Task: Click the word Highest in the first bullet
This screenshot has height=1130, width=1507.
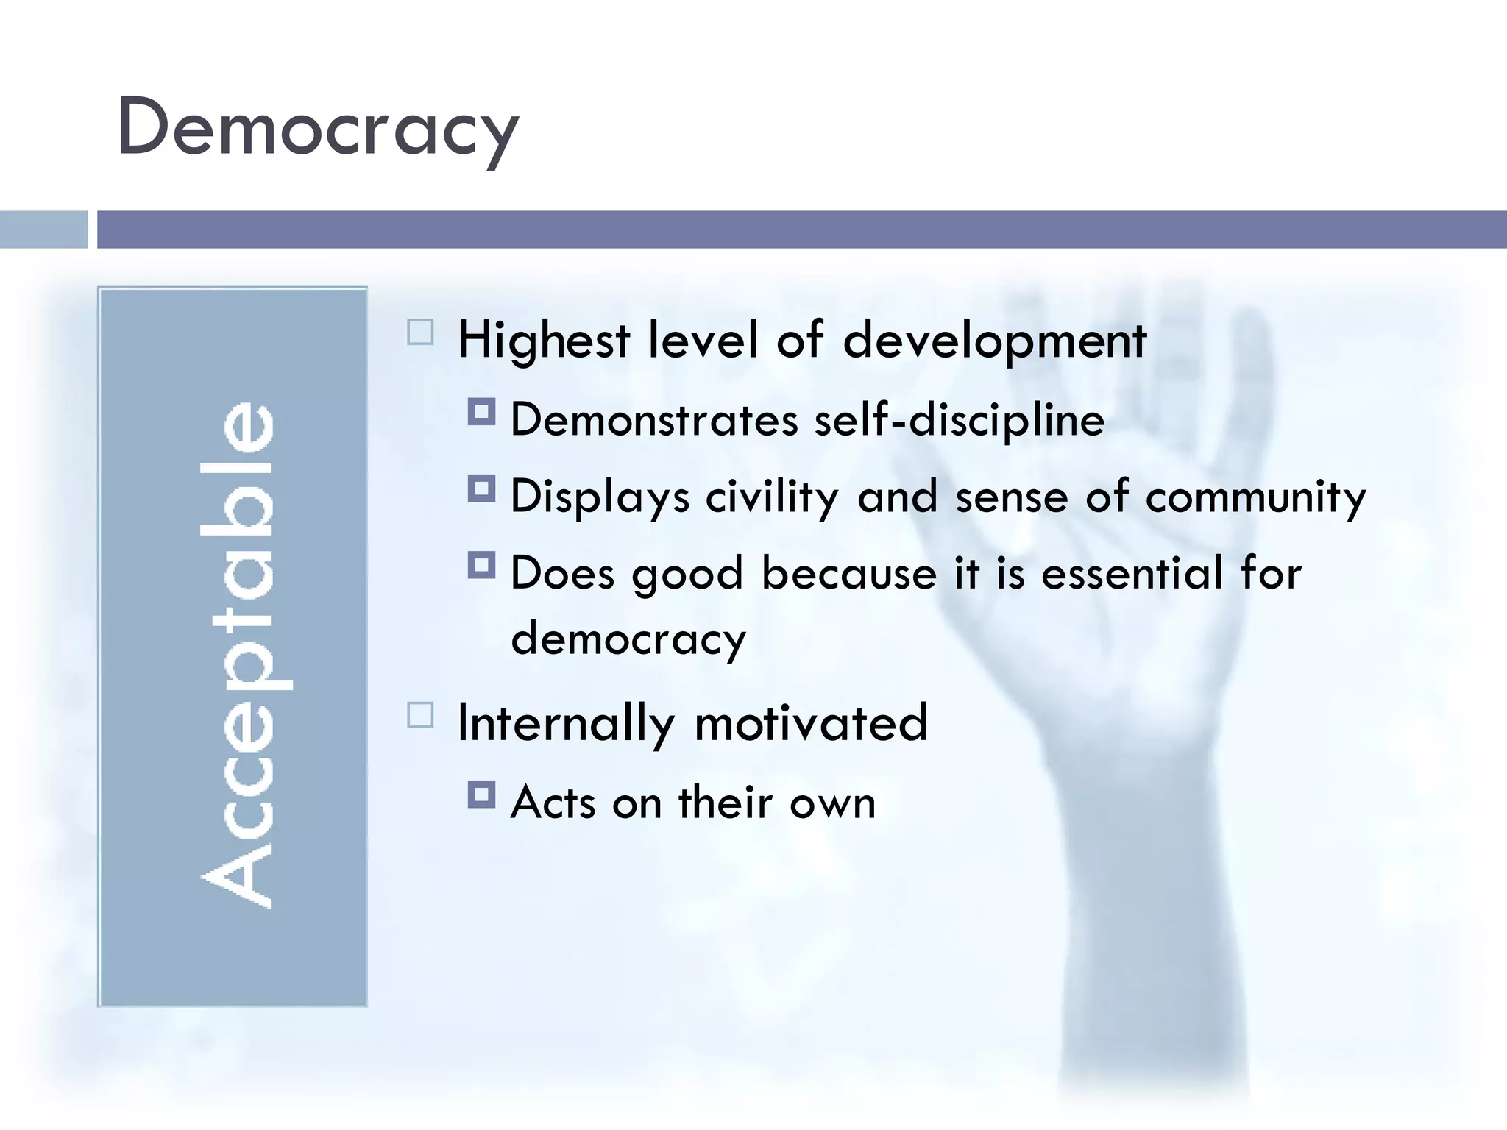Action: (x=544, y=341)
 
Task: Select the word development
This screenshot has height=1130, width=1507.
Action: (x=994, y=341)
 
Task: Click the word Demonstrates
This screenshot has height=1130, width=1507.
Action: (x=654, y=421)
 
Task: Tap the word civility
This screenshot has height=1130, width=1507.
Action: (x=772, y=497)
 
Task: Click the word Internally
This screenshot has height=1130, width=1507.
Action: (x=565, y=724)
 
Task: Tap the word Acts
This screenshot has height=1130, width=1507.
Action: (x=553, y=803)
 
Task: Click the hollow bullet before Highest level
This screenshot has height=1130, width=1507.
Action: (x=420, y=333)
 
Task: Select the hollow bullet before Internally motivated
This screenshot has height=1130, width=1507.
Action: (x=420, y=715)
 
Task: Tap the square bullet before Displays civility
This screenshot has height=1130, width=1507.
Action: (x=481, y=488)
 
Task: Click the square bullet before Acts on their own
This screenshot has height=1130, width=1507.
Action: (x=481, y=795)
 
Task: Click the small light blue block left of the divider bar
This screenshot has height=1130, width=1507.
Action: (x=43, y=230)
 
